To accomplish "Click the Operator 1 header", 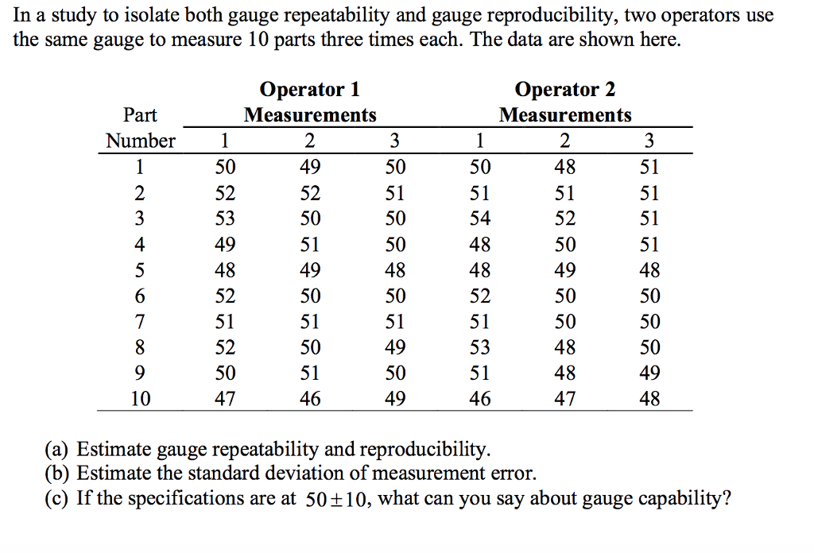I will coord(310,89).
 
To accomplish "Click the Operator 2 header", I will coord(564,89).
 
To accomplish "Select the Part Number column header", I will coord(140,128).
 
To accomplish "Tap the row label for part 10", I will coord(140,399).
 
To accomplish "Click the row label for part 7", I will coord(140,322).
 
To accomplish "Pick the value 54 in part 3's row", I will coord(480,218).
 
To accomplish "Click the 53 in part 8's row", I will coord(480,347).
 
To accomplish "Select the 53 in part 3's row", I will coord(225,218).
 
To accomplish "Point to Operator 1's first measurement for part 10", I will coord(225,399).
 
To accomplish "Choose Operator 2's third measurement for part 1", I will coord(649,168).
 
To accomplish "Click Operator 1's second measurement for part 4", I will coord(310,245).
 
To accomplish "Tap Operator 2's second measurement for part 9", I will coord(565,373).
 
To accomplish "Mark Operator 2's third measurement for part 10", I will coord(649,399).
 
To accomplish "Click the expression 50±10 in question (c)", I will coord(337,500).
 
